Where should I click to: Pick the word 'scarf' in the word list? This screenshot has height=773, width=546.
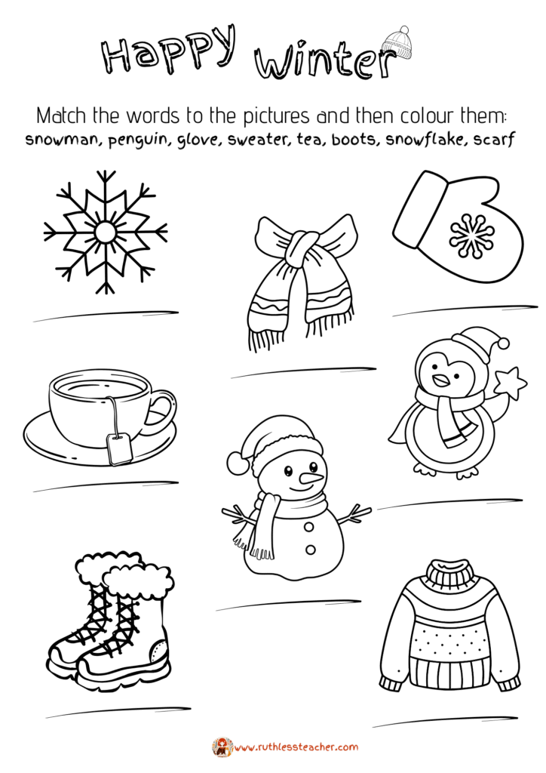[494, 140]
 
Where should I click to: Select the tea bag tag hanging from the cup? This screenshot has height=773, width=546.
[118, 448]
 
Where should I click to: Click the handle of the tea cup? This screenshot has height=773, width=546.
[161, 411]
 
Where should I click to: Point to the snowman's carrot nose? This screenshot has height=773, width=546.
[311, 477]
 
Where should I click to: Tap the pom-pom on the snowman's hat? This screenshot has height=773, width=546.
[238, 463]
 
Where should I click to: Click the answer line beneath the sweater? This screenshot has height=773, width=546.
[445, 722]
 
